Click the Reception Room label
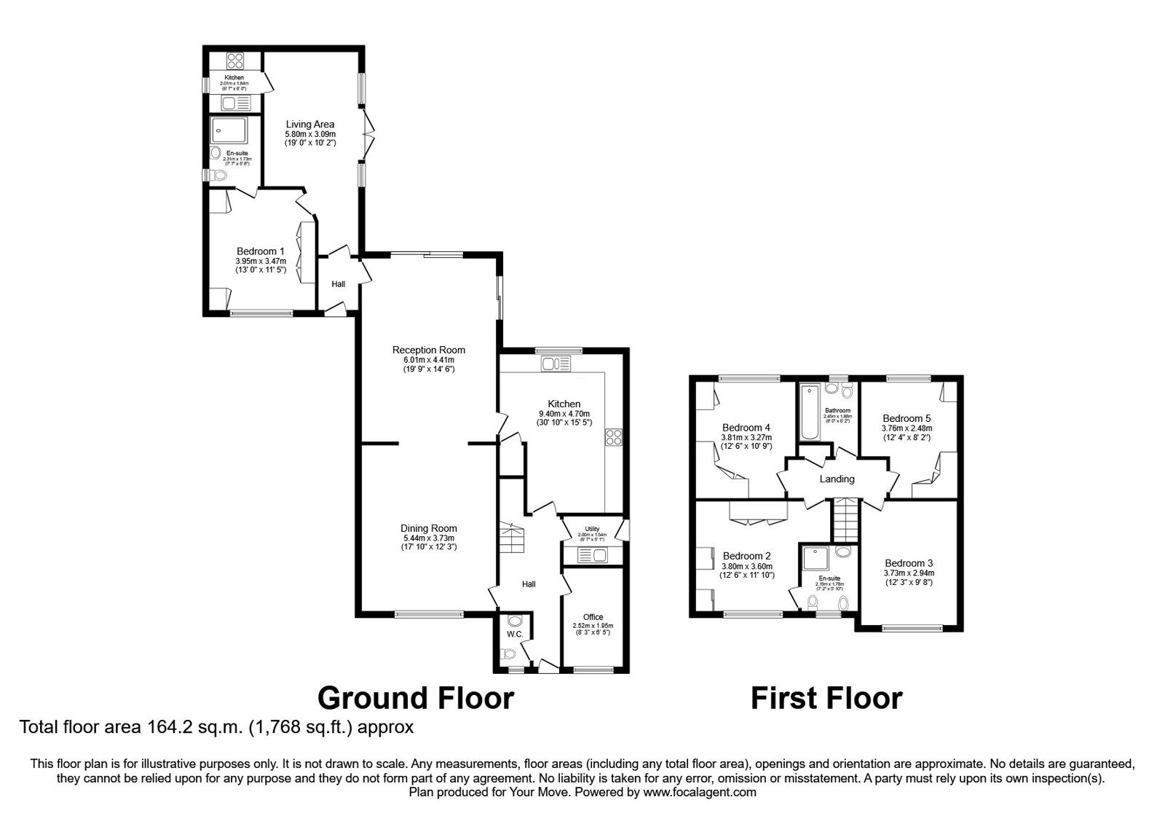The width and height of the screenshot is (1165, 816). tap(428, 350)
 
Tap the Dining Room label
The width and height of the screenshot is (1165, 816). tap(428, 529)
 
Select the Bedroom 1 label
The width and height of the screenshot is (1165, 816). tap(261, 251)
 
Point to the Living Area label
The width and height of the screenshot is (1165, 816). tap(310, 125)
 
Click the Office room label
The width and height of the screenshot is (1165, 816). tap(593, 617)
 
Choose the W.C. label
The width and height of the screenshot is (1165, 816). tap(515, 635)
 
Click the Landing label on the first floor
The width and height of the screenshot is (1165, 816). tap(837, 479)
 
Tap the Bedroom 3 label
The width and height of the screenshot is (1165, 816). tap(909, 563)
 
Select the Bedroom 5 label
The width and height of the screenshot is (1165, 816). tap(907, 418)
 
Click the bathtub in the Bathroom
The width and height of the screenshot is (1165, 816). tap(810, 414)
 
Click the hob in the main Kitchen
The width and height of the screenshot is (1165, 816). tap(613, 437)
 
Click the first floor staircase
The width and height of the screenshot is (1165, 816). tap(846, 518)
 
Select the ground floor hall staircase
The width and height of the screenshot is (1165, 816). tap(511, 538)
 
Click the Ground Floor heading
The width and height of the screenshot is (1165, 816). tap(416, 698)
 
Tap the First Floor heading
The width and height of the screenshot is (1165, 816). tap(826, 698)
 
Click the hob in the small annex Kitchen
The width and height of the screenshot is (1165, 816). tap(235, 60)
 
